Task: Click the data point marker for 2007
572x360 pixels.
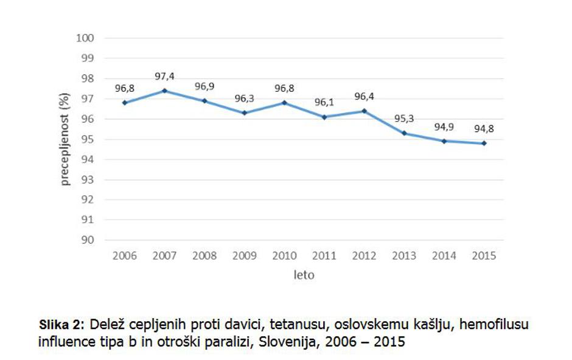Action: pos(164,91)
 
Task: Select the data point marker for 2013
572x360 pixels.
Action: pos(404,133)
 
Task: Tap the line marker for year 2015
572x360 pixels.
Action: pos(484,144)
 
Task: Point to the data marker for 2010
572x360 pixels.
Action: pos(284,103)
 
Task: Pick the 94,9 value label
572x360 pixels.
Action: pos(444,127)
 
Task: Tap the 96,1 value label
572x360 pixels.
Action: pos(324,102)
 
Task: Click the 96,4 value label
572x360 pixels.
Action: pos(364,96)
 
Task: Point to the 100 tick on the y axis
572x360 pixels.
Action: pos(85,38)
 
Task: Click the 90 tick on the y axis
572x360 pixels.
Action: pos(88,240)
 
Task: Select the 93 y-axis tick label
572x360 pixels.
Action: pos(88,179)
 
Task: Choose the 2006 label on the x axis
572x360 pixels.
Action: pos(124,256)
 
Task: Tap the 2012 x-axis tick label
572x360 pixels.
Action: pos(364,256)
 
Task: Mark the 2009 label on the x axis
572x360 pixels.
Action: pos(244,256)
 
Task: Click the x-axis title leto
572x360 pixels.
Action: pos(304,275)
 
